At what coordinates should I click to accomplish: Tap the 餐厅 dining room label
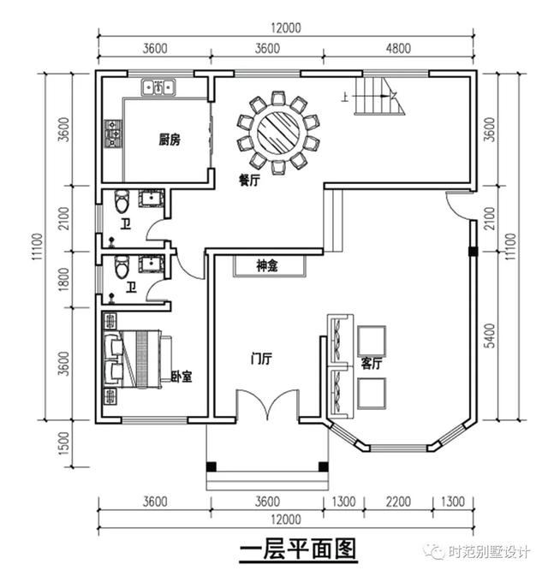249,181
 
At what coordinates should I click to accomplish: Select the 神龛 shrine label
268,266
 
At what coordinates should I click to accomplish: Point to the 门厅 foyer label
260,359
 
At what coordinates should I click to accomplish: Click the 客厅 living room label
372,363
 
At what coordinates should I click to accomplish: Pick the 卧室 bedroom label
181,376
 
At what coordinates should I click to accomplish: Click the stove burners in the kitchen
113,134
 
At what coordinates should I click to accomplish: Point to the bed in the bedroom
138,360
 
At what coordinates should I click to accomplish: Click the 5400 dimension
489,336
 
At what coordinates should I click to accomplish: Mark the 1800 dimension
63,277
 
